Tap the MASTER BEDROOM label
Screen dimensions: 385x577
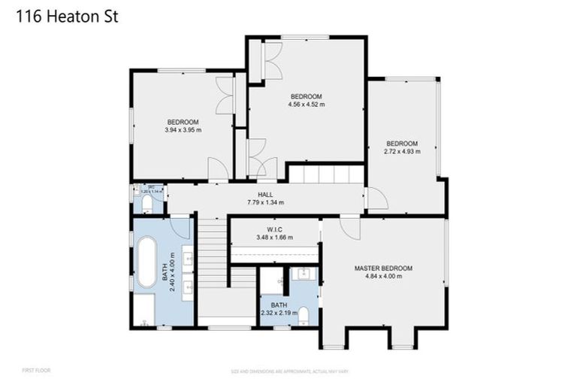click(383, 268)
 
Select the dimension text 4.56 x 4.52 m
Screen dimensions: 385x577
click(306, 105)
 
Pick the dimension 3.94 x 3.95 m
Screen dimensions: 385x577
click(183, 130)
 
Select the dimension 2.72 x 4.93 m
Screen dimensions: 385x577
click(402, 151)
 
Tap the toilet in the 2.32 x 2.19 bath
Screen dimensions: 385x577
click(304, 315)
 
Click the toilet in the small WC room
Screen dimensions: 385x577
click(147, 205)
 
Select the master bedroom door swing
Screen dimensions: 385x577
click(351, 226)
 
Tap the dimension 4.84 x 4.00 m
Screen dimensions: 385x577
click(383, 276)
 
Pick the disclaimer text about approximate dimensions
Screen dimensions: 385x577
click(288, 371)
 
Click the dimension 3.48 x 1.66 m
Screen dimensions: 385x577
click(273, 238)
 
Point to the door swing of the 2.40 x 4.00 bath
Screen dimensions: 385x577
click(181, 226)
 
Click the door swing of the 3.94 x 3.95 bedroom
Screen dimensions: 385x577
click(219, 170)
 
